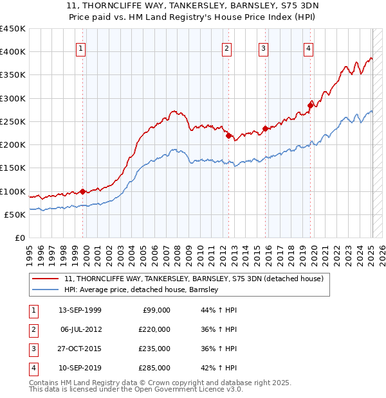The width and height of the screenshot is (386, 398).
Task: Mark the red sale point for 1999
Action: pos(83,191)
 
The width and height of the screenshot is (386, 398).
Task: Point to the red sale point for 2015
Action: pos(265,128)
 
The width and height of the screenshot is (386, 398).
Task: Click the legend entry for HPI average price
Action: pos(142,290)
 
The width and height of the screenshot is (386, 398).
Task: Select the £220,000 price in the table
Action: pos(153,329)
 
